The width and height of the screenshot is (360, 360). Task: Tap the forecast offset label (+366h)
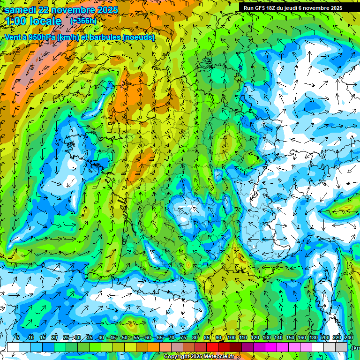coord(83,21)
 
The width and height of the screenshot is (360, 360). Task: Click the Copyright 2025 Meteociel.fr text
coord(199,356)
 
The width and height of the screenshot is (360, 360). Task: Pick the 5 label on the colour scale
coord(17,338)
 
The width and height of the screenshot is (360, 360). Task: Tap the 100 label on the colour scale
coord(232,338)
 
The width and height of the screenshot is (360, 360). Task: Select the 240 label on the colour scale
coord(348,338)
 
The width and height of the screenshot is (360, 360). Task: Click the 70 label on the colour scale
coord(171,338)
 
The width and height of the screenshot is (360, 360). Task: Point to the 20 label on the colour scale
coord(54,338)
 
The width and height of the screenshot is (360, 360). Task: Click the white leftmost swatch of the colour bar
coord(13,347)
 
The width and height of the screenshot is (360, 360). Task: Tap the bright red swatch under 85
coord(212,347)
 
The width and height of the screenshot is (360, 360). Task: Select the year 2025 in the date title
coord(106,10)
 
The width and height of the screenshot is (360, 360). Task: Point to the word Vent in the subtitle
coord(13,37)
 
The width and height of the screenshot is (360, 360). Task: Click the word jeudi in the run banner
coord(291,7)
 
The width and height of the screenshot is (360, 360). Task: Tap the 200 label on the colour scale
coord(325,338)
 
